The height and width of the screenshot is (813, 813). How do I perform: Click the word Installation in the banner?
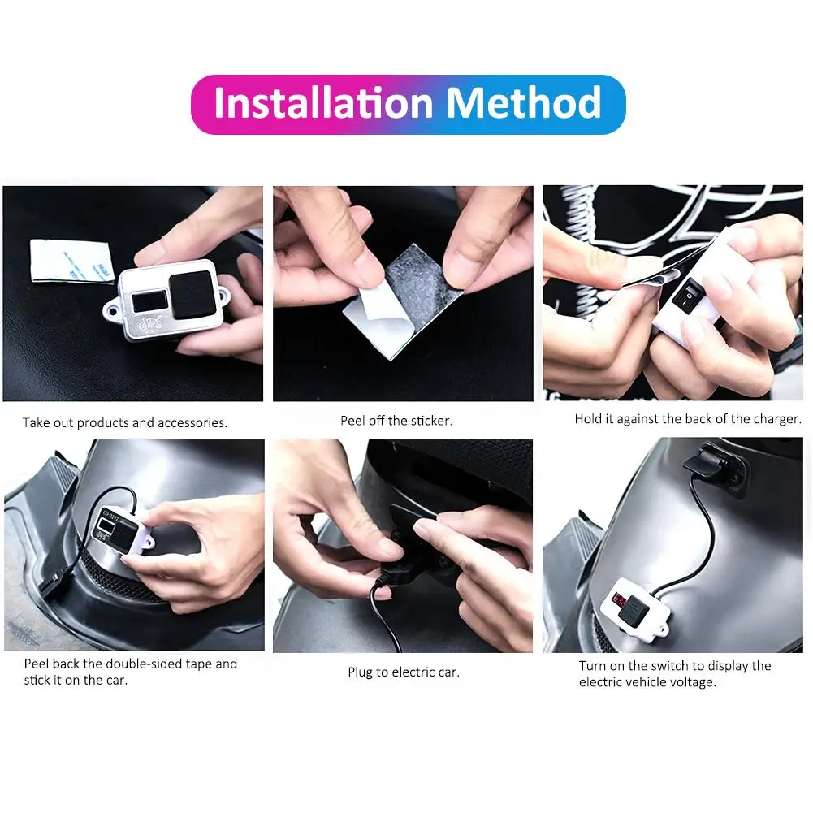tap(323, 103)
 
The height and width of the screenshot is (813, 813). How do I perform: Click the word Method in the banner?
tap(524, 103)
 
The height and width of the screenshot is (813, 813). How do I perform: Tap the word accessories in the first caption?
tap(192, 423)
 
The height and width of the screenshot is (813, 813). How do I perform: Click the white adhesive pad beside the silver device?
tap(71, 261)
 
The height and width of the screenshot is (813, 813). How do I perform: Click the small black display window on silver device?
tap(149, 301)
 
